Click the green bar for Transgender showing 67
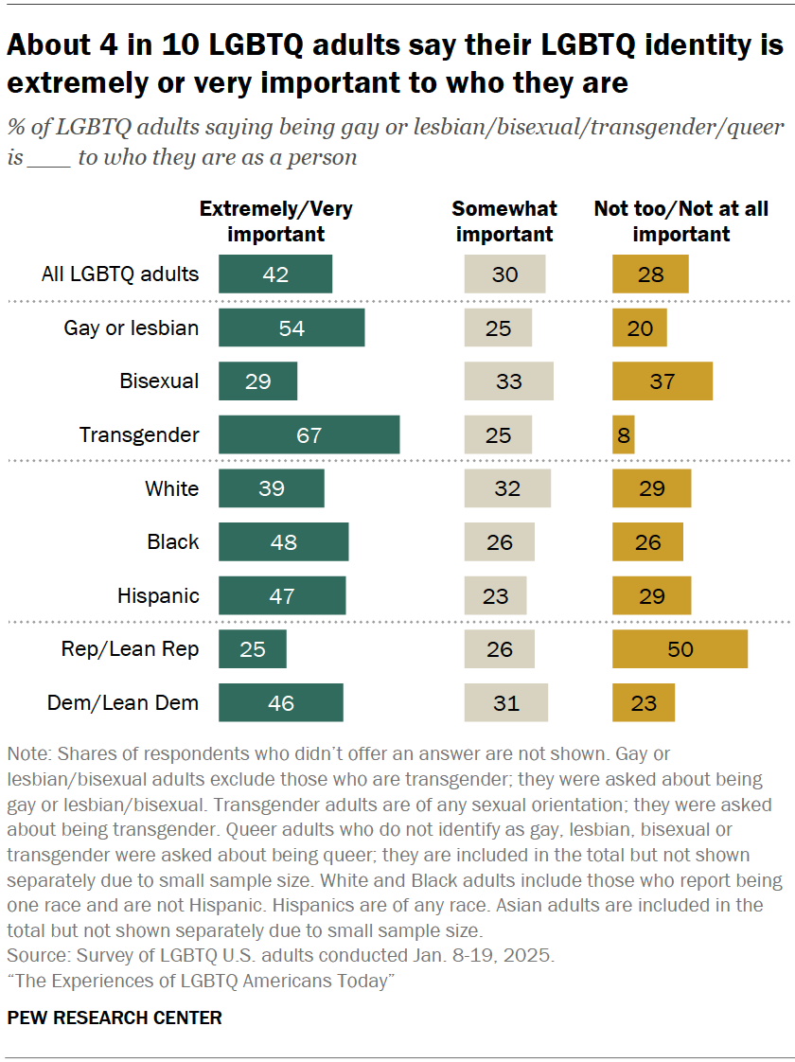coord(309,434)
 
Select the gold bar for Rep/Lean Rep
coord(680,649)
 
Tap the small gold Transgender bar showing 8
coord(623,434)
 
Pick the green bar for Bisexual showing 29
coord(257,381)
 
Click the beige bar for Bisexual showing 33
coord(508,381)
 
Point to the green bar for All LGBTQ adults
coord(275,274)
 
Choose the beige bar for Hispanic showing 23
coord(495,595)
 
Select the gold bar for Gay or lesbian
coord(639,327)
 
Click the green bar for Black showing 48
coord(283,541)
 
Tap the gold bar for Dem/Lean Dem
coord(643,702)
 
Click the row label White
coord(171,488)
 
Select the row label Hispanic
coord(158,595)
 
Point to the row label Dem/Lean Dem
coord(123,702)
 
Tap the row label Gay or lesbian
coord(132,327)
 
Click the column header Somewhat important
coord(504,221)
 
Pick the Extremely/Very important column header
coord(275,221)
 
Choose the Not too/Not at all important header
coord(680,221)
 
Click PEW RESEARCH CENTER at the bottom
coord(115,1018)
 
